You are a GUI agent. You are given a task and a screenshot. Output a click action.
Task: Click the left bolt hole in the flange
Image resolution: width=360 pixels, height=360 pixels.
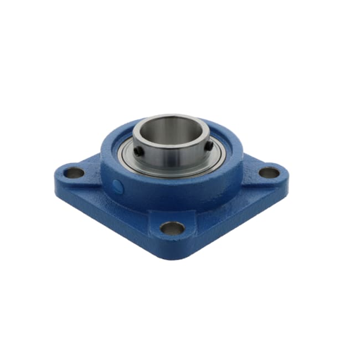coord(74,173)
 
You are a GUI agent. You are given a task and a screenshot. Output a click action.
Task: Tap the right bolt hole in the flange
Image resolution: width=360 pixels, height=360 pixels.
coord(269,172)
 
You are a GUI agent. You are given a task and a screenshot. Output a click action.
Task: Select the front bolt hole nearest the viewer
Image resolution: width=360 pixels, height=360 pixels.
coord(172,228)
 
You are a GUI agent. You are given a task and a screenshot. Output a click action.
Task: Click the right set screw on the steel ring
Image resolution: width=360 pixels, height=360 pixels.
coord(208,145)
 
